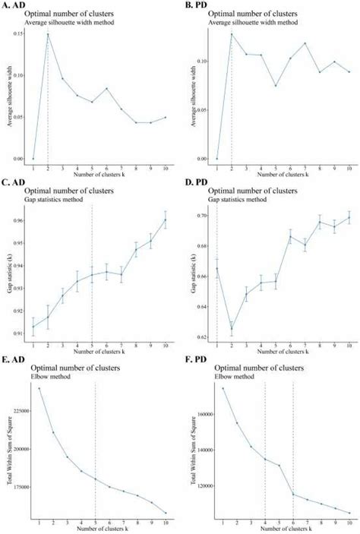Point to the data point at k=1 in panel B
pos(217,159)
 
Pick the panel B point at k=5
pos(276,85)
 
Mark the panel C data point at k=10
pos(166,220)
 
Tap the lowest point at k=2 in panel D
pos(232,328)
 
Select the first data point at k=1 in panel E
pos(39,388)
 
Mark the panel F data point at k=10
pos(349,513)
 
